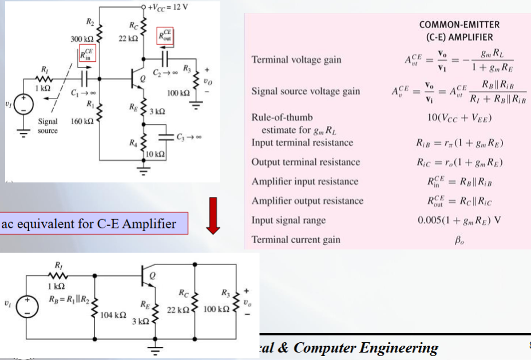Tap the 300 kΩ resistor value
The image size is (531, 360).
click(82, 39)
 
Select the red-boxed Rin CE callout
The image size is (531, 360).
click(88, 53)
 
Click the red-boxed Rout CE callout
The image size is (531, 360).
click(165, 36)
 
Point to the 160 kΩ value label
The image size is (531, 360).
click(82, 121)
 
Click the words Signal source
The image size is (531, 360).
click(47, 126)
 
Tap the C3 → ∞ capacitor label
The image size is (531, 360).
click(189, 137)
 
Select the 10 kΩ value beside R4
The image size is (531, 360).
click(155, 154)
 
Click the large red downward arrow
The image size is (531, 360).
click(213, 216)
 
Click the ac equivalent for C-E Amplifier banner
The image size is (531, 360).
click(93, 224)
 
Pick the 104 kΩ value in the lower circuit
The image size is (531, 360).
click(113, 315)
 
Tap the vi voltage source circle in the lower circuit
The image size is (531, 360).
click(27, 307)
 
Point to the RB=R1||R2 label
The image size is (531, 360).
click(69, 299)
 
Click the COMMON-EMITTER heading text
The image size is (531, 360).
click(459, 25)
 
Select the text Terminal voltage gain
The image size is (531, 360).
click(296, 60)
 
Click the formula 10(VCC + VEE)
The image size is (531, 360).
click(459, 118)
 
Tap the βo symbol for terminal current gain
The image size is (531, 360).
click(459, 240)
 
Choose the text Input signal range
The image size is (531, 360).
click(288, 220)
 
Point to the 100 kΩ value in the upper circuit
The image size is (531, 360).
click(179, 93)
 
